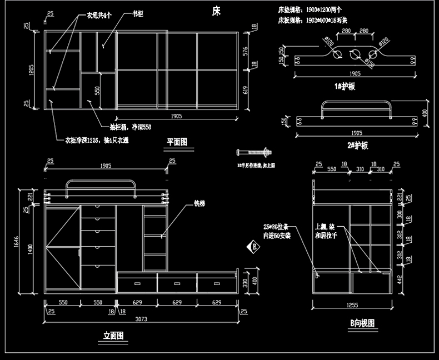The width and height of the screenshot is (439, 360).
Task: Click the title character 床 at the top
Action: click(x=216, y=12)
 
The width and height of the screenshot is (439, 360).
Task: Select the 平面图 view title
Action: click(x=177, y=142)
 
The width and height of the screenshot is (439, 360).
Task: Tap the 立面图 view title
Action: click(x=113, y=335)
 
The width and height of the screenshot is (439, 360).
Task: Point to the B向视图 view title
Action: click(x=362, y=323)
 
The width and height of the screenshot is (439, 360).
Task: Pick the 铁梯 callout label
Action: click(x=199, y=203)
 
